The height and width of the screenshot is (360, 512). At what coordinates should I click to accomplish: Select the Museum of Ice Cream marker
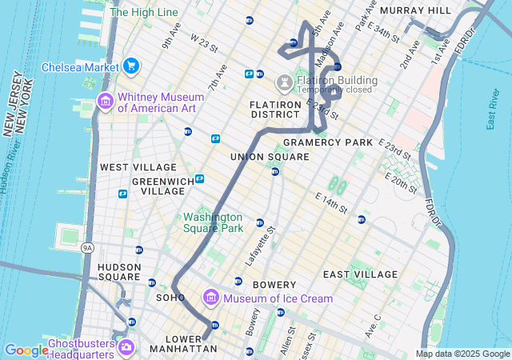212,298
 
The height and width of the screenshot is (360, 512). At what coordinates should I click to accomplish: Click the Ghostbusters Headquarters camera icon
126,347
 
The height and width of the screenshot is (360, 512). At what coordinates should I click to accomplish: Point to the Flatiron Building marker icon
284,82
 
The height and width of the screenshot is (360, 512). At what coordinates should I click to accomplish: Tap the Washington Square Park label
212,222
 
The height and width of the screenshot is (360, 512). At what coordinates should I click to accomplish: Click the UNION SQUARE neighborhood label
270,157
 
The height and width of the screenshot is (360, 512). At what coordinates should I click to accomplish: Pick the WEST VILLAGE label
138,167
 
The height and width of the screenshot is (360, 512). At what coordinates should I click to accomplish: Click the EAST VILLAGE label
360,274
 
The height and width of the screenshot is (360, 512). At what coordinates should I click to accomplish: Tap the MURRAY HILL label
416,10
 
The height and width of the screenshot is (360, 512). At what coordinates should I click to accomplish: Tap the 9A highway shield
87,248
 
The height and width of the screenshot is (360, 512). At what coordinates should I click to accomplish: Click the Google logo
26,350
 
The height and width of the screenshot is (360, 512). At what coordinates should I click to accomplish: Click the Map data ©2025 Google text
462,354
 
